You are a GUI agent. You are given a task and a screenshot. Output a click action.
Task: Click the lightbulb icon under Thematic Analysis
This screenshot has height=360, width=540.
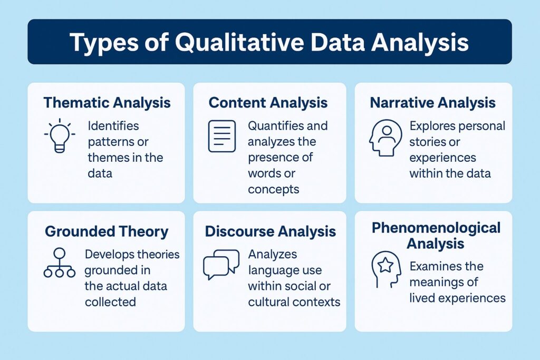[59, 136]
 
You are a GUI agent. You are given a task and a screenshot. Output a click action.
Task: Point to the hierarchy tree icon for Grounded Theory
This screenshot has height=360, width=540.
[59, 263]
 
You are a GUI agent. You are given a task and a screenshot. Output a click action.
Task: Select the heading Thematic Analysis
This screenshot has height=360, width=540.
[107, 102]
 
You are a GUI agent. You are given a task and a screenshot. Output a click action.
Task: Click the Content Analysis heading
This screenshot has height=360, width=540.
[268, 102]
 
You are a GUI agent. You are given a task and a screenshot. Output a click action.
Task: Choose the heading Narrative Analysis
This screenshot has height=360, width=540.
[432, 102]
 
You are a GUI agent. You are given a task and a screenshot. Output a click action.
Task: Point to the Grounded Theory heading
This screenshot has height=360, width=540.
[107, 231]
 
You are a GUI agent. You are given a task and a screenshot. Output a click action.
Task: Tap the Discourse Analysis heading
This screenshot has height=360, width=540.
[270, 231]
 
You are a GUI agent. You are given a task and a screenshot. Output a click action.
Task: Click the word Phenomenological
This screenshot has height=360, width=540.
[436, 228]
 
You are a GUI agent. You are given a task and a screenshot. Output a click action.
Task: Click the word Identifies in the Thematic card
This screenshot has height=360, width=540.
[113, 126]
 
